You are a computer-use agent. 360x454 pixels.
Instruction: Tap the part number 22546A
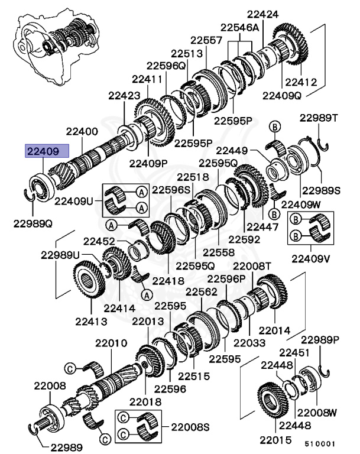240,27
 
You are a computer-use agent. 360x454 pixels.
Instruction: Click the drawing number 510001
320,443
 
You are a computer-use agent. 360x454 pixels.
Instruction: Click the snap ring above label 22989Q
30,195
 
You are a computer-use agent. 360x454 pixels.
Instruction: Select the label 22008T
252,266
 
